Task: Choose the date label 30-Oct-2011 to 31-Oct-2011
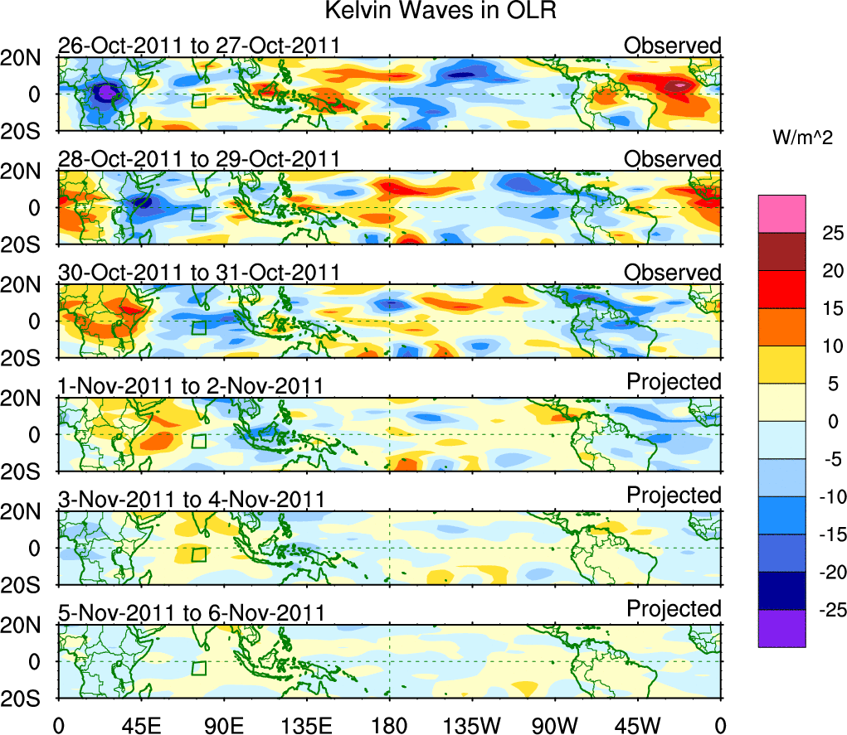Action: (x=199, y=273)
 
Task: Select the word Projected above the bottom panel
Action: (x=674, y=609)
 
